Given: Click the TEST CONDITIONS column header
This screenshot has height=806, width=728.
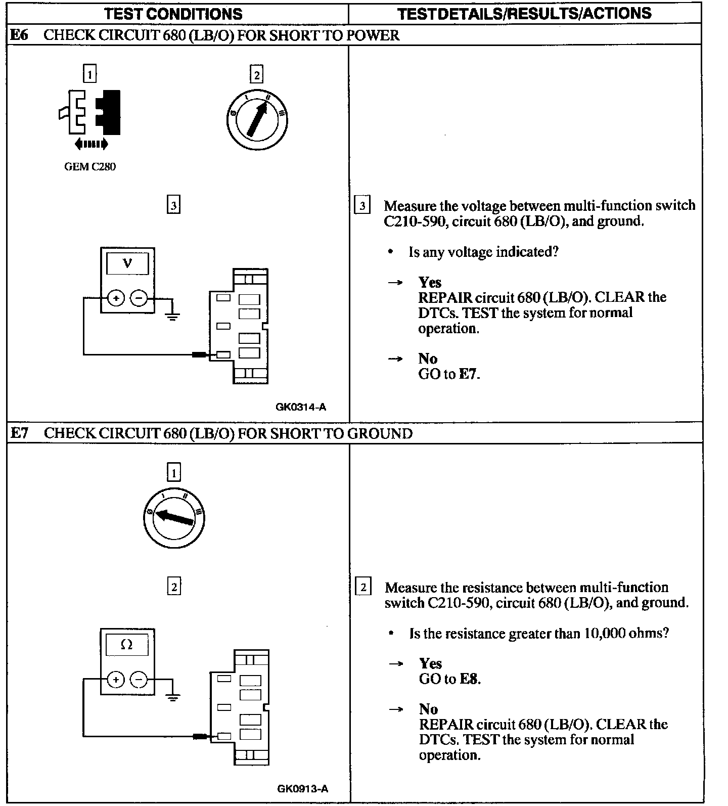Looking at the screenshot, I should click(x=173, y=14).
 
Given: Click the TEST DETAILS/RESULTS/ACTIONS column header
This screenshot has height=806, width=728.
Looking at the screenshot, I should click(x=524, y=14).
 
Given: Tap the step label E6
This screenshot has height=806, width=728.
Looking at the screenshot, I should click(x=20, y=35).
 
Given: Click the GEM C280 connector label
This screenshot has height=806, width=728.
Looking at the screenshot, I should click(x=90, y=167).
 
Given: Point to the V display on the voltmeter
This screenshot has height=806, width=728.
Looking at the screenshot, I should click(x=127, y=263).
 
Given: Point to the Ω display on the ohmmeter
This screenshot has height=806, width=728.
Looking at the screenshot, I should click(x=127, y=645).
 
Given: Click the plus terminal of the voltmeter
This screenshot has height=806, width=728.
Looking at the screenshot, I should click(x=116, y=298).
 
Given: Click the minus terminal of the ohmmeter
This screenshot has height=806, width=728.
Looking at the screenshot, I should click(x=139, y=680).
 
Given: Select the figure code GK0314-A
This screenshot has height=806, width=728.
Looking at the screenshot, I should click(x=301, y=407).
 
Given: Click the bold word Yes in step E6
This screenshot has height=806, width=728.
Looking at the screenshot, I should click(x=430, y=282).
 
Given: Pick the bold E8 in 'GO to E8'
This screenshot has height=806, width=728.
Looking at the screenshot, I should click(x=470, y=679).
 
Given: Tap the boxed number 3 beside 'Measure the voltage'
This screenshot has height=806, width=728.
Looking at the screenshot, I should click(x=362, y=206).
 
